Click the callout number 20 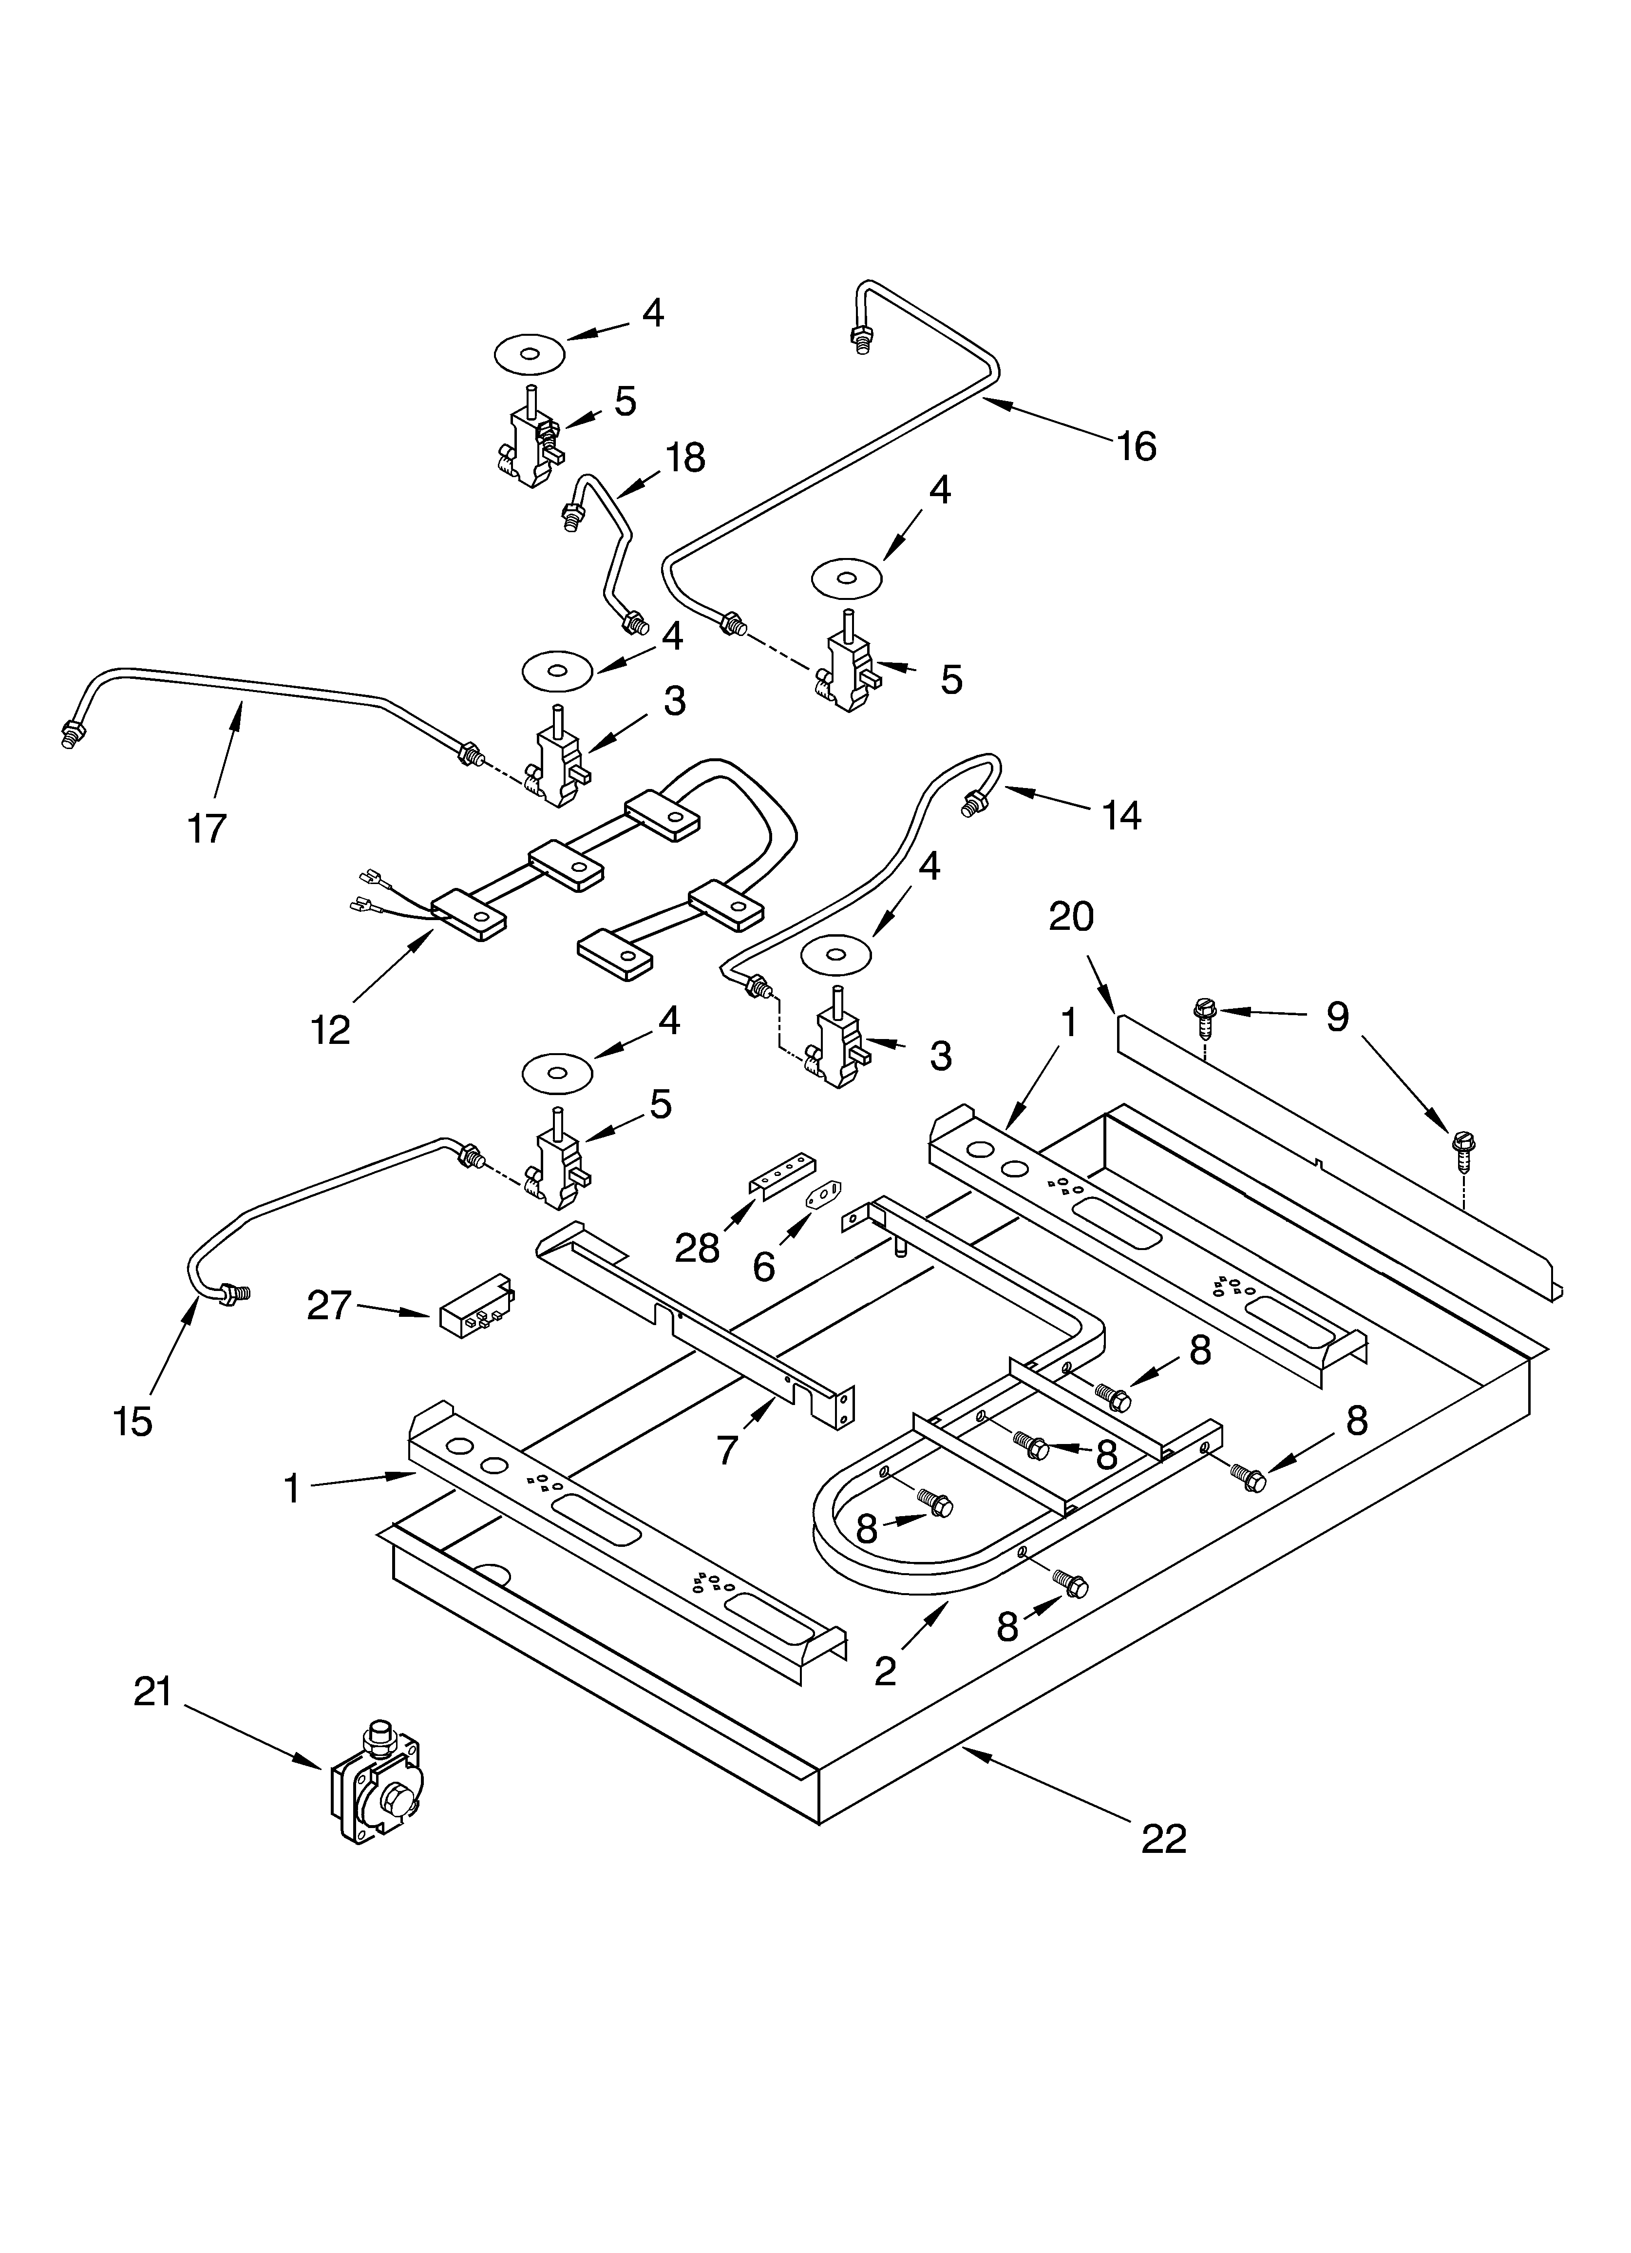pyautogui.click(x=1071, y=917)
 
